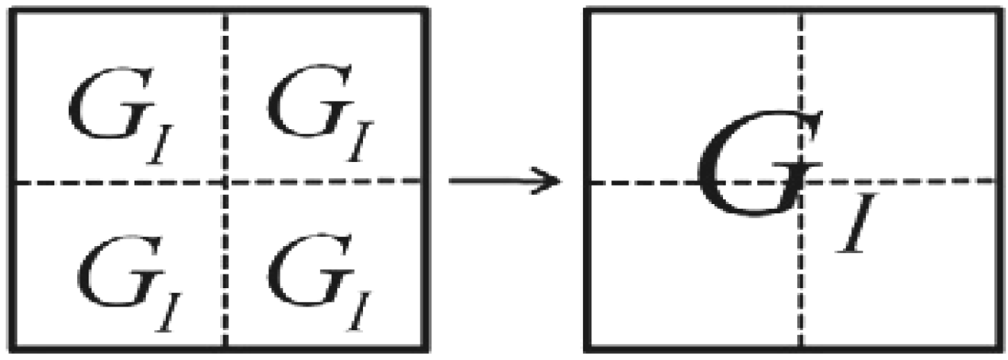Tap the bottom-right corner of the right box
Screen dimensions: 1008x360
tap(1000, 350)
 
